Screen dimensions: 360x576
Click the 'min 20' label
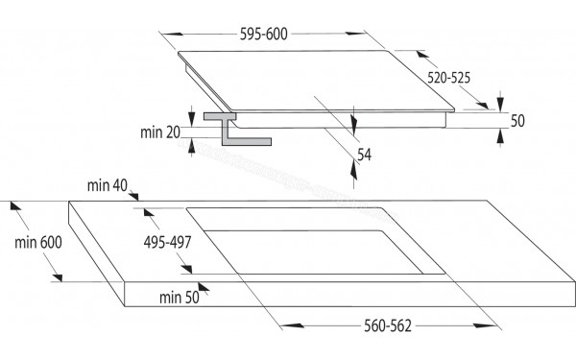[x=161, y=132]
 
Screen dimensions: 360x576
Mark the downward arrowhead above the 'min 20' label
[x=193, y=113]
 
